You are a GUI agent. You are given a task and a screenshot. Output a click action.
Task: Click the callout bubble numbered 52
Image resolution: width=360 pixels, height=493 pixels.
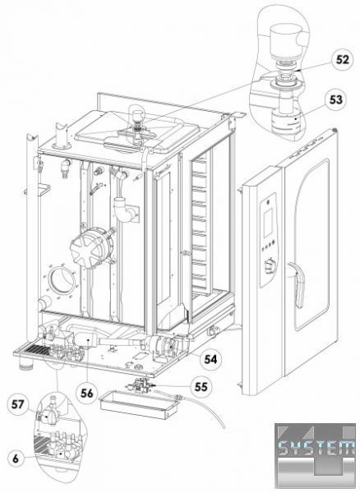tap(343, 60)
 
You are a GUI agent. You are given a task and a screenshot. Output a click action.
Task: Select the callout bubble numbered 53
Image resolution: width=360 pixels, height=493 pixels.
tap(336, 99)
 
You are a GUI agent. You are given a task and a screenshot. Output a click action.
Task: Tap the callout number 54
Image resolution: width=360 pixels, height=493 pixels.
tap(210, 359)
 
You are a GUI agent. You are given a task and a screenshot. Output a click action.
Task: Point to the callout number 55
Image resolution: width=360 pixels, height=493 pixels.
tap(201, 386)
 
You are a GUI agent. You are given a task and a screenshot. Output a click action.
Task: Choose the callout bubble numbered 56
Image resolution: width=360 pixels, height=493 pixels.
tap(87, 393)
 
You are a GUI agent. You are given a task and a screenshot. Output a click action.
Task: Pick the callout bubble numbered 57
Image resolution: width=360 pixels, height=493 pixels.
tap(17, 404)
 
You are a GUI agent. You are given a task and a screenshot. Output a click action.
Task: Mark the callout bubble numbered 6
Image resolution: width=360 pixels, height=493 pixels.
tap(16, 458)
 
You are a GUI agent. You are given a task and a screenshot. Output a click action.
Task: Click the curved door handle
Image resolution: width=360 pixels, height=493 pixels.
tap(297, 284)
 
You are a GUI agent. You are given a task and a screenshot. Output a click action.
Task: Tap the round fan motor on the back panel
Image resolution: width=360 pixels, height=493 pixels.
tap(92, 248)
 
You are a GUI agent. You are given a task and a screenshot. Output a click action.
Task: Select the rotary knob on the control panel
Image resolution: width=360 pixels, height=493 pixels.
tap(270, 266)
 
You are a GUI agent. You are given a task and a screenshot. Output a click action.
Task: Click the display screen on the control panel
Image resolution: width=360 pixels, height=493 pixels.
tap(268, 223)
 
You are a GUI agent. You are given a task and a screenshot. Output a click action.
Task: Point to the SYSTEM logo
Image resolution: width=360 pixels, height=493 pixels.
tap(316, 455)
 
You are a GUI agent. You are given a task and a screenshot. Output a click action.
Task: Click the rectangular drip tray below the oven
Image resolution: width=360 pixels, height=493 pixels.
tap(139, 405)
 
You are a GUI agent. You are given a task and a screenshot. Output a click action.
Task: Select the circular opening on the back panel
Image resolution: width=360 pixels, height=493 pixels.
tap(62, 280)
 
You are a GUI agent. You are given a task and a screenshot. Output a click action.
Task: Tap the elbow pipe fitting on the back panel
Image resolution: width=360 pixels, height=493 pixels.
tap(124, 210)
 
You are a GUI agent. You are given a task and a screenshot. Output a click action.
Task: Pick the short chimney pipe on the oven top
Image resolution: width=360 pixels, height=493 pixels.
tap(62, 136)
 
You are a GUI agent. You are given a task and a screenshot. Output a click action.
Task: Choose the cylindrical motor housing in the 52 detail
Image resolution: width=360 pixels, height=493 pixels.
tap(285, 40)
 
